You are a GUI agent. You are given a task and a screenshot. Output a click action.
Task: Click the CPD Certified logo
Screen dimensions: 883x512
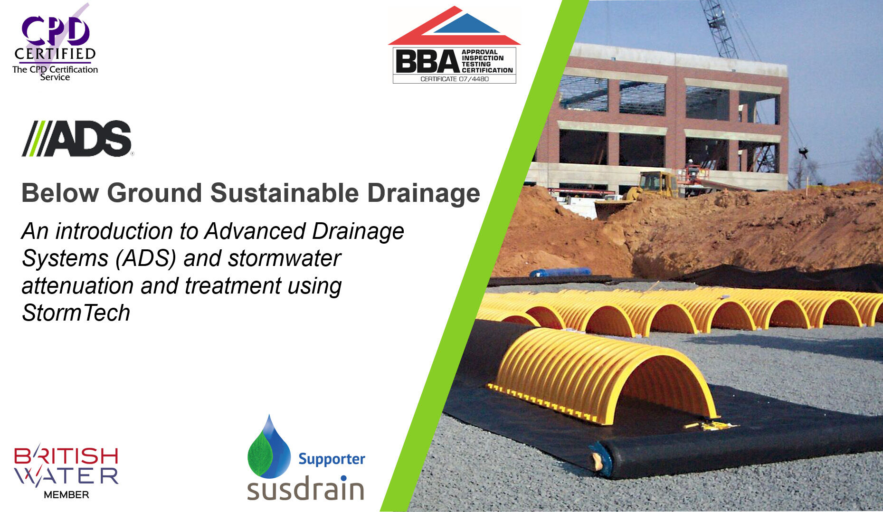[55, 43]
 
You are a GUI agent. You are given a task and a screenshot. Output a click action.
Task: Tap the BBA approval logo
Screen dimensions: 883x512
[454, 45]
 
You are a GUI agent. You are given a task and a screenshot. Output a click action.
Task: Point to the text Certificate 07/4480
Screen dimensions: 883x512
[454, 79]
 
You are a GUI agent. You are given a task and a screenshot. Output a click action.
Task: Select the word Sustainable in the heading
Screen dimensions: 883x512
[284, 193]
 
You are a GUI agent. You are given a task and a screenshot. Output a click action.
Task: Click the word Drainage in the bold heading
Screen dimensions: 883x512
[423, 194]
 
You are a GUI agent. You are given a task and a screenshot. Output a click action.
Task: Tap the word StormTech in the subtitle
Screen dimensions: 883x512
[76, 313]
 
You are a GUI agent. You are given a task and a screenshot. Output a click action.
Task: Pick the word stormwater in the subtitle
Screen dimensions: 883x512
[284, 258]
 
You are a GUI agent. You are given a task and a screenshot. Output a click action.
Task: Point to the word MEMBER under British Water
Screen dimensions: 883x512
[66, 495]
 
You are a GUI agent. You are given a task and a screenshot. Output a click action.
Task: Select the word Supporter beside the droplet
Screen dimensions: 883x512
[332, 459]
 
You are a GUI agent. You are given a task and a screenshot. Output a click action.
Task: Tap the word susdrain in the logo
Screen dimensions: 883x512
[305, 488]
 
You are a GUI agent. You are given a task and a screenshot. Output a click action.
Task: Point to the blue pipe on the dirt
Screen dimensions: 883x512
[560, 273]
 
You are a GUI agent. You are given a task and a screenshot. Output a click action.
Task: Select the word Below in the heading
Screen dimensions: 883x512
[60, 193]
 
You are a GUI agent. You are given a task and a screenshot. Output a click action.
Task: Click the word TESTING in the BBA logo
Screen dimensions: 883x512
[476, 64]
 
